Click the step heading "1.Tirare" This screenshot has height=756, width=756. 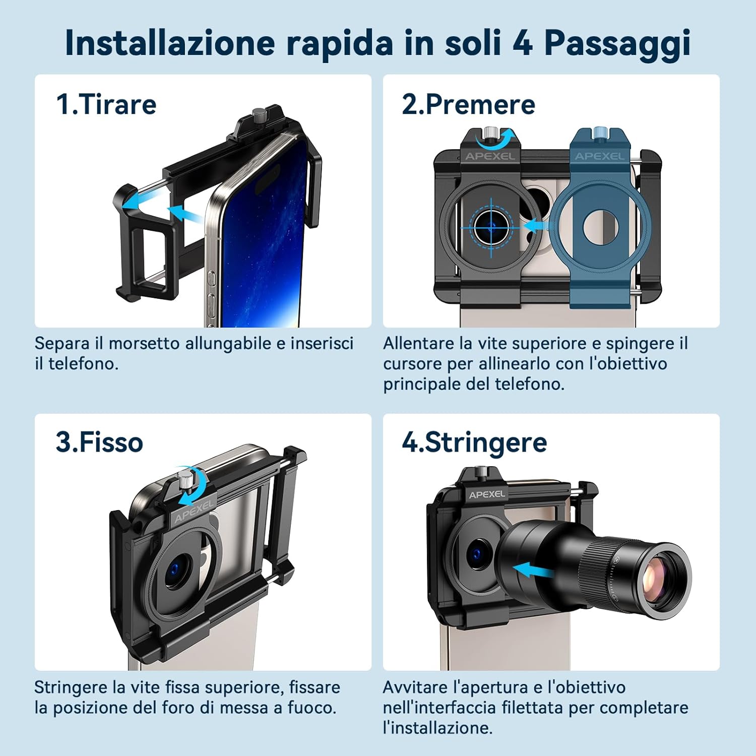click(106, 104)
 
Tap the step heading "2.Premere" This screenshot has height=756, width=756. click(468, 104)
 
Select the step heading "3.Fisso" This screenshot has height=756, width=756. click(99, 442)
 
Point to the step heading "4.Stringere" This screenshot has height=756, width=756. click(474, 443)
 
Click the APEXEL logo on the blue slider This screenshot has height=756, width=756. click(599, 156)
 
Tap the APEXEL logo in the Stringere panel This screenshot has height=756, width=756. click(487, 494)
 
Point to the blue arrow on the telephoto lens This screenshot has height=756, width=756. click(534, 571)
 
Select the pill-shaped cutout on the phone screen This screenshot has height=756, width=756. click(267, 180)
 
